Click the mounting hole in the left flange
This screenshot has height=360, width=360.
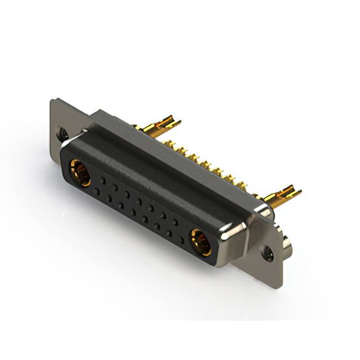pos(64,134)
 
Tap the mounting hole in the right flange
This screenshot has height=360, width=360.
pos(269,254)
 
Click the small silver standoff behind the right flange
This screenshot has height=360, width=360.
pos(287,242)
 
